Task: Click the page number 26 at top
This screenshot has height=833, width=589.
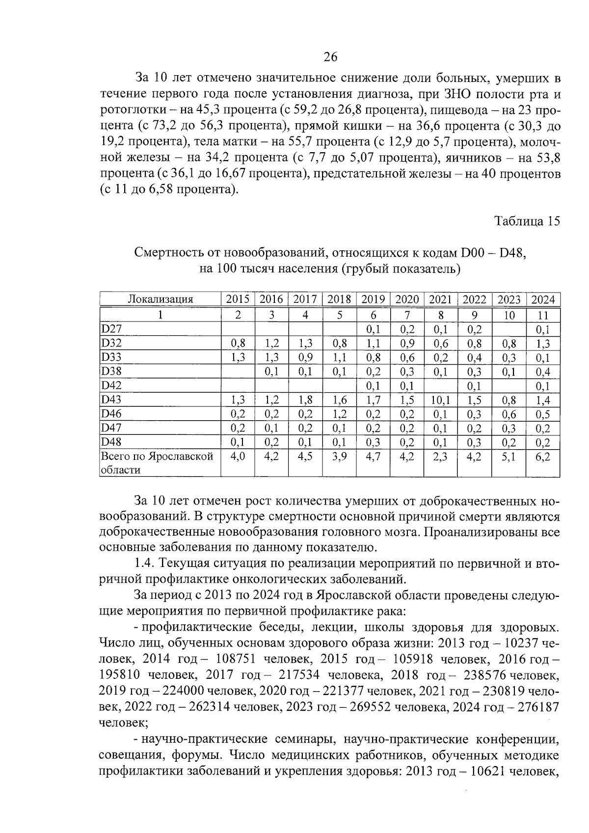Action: click(x=330, y=57)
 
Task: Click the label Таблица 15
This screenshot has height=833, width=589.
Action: click(x=527, y=221)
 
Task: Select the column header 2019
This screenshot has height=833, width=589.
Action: click(x=373, y=299)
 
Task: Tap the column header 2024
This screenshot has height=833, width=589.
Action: click(x=543, y=299)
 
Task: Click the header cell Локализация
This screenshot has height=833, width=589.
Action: click(x=160, y=299)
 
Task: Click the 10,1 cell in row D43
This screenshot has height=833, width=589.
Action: click(x=441, y=400)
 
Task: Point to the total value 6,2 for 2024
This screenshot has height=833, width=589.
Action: click(x=543, y=457)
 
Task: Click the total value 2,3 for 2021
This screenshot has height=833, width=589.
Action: click(x=441, y=457)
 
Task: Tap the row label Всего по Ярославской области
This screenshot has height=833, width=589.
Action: click(x=157, y=463)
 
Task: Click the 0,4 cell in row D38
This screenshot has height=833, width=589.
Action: click(x=543, y=372)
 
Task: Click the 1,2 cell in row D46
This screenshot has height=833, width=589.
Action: click(x=339, y=414)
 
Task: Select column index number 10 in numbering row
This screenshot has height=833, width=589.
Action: click(x=509, y=315)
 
